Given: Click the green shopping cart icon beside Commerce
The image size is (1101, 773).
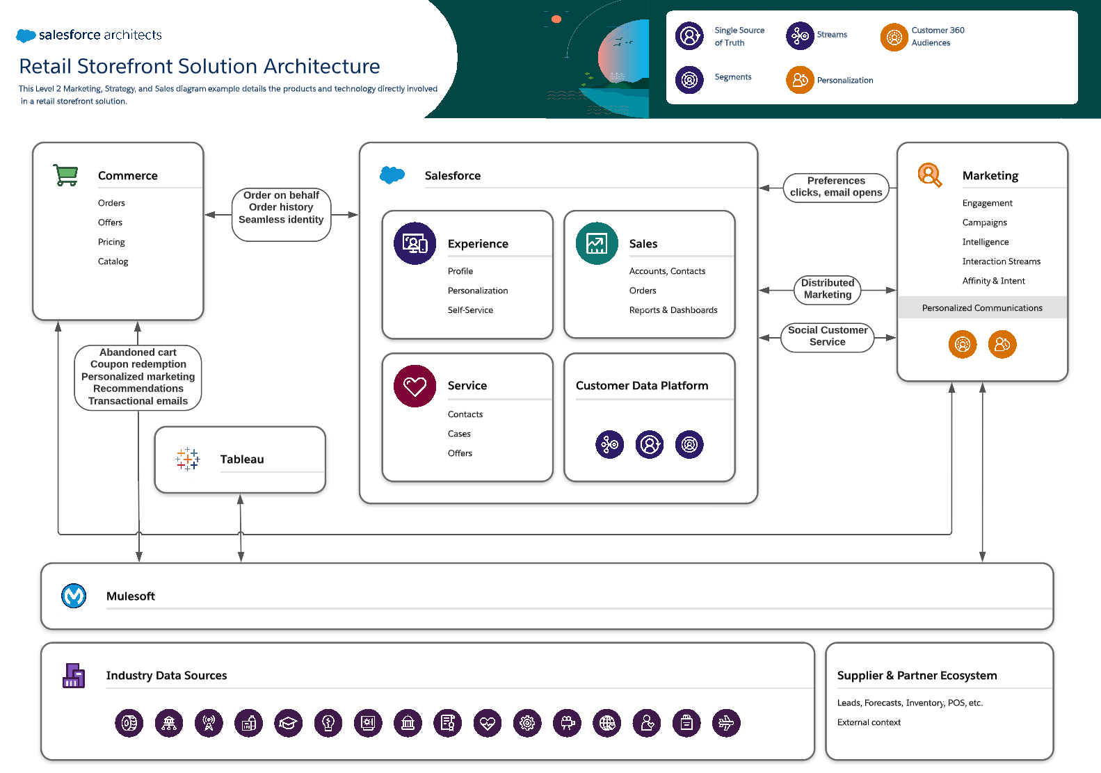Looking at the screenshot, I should click(66, 175).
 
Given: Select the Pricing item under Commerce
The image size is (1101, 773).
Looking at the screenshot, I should click(111, 242).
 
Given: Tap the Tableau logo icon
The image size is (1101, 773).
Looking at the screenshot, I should click(188, 459).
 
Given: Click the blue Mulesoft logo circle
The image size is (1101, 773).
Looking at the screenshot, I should click(74, 596).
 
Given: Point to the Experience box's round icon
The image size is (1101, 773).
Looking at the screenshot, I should click(415, 243).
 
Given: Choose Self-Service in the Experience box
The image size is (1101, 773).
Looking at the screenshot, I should click(470, 310).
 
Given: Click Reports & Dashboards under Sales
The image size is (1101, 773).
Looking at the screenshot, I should click(673, 310).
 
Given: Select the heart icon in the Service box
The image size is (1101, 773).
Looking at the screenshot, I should click(415, 386).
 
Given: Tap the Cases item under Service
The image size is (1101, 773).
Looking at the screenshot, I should click(459, 434).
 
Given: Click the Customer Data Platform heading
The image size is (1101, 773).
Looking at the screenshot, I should click(642, 386).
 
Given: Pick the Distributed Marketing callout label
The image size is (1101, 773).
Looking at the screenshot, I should click(828, 288).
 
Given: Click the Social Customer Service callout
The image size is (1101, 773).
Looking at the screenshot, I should click(828, 336).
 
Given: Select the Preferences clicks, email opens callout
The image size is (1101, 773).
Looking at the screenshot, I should click(836, 187).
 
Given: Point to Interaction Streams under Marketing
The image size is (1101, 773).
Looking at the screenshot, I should click(1001, 261).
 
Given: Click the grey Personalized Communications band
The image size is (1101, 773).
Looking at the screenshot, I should click(982, 308).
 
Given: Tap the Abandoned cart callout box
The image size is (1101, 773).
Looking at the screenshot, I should click(138, 377).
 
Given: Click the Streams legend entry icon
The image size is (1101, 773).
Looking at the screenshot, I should click(800, 35).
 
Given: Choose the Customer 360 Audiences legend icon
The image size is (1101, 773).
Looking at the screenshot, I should click(894, 37).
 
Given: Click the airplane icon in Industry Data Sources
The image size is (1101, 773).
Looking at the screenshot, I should click(726, 723).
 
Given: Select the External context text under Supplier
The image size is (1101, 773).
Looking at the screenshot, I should click(869, 722).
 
